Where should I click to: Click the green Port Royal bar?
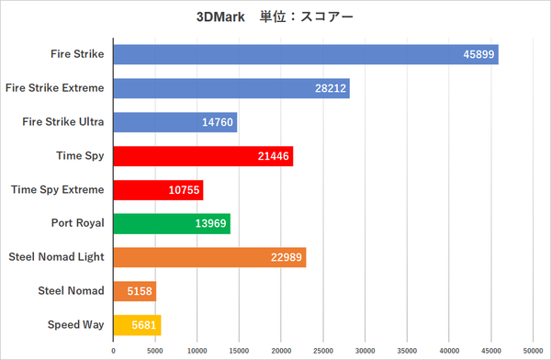tap(172, 223)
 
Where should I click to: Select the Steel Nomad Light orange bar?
tap(209, 257)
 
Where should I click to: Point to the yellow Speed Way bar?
tap(137, 324)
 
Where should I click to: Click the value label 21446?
tap(274, 156)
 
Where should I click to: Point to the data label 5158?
tap(138, 291)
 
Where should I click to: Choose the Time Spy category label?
tap(79, 156)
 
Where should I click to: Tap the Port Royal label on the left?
tap(77, 223)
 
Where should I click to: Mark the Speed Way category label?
tap(76, 324)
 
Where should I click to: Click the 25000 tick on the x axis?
tap(323, 350)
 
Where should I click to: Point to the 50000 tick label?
tap(534, 350)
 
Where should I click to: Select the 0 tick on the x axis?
tap(113, 350)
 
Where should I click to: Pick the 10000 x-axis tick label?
tap(197, 350)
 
